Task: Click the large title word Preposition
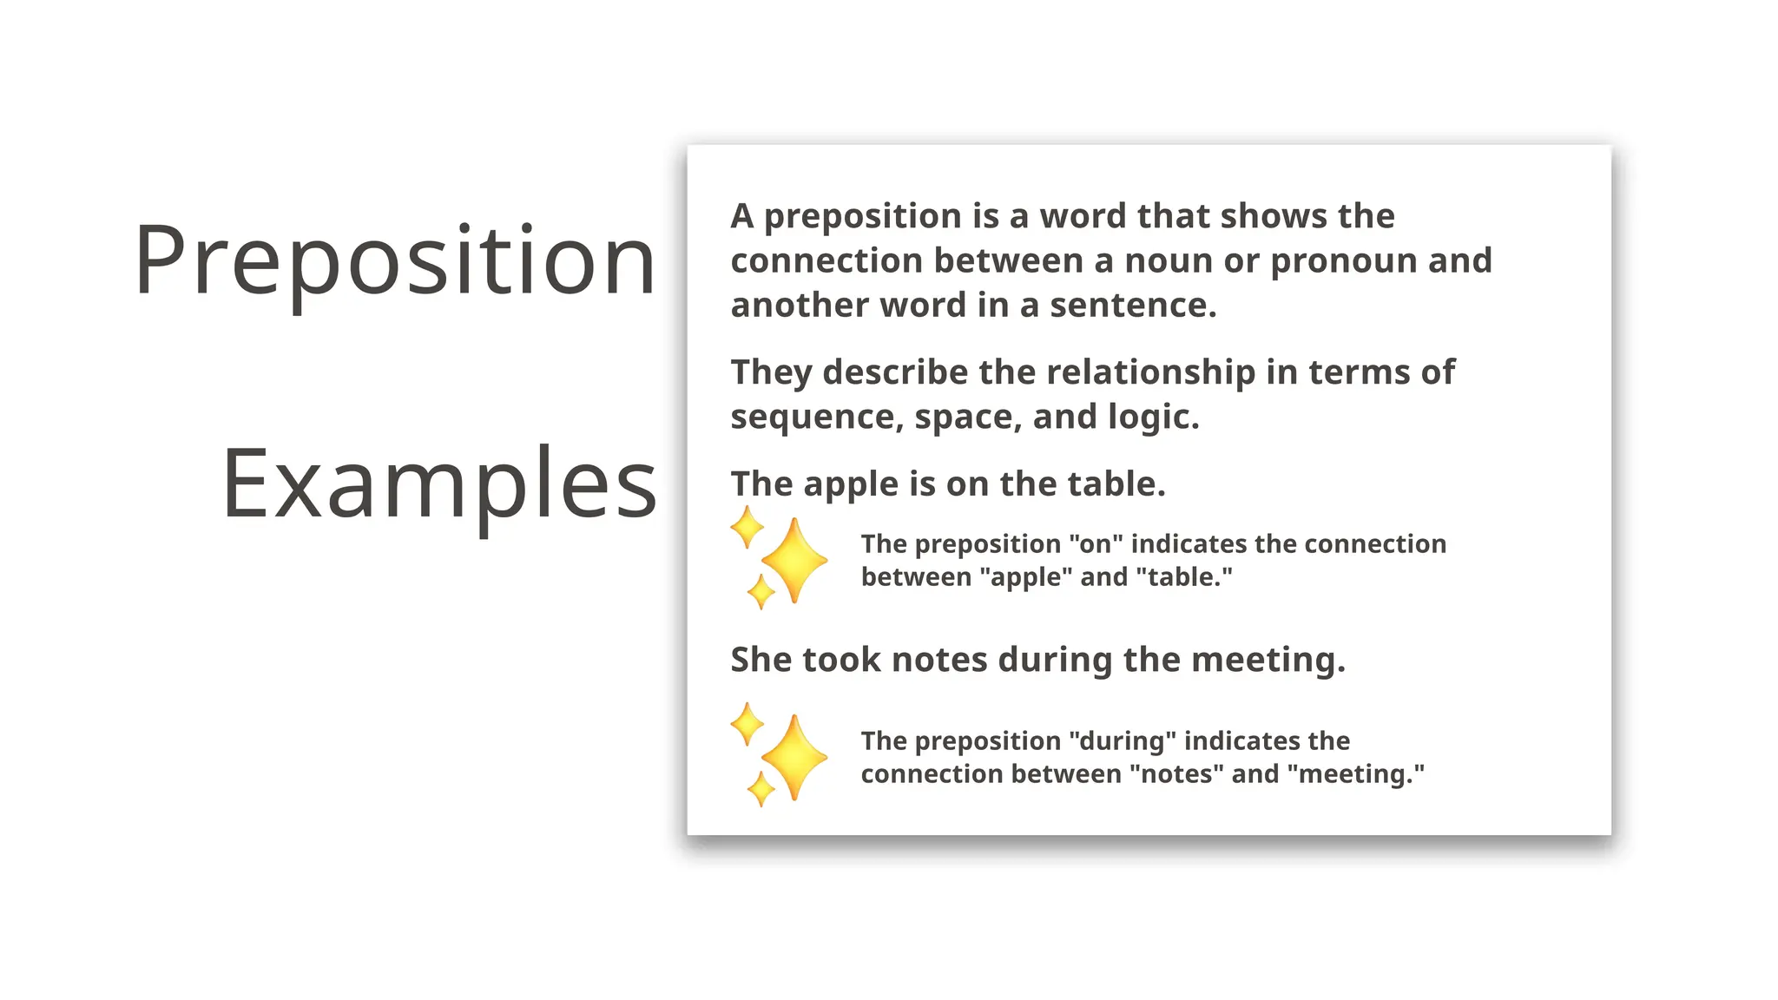[395, 260]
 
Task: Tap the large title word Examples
[439, 484]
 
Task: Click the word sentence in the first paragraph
[1133, 306]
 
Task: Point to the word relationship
[1151, 372]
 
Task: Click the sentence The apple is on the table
[947, 484]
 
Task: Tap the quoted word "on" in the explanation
[1096, 544]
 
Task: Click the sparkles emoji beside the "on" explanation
[778, 558]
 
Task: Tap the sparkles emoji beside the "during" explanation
[778, 754]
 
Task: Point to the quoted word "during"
[1123, 741]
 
